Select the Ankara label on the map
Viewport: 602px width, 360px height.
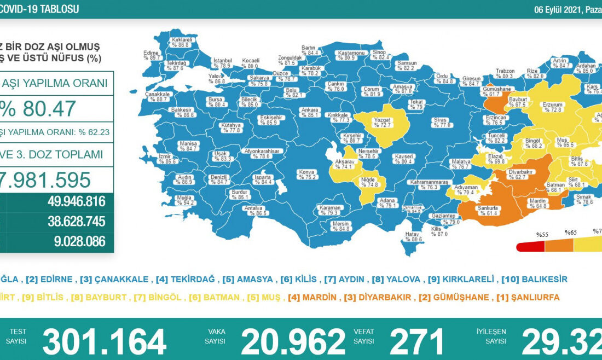coord(310,112)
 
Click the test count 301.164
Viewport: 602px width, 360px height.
coord(104,342)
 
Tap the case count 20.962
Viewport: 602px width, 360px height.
coord(293,342)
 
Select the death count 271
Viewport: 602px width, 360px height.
coord(417,342)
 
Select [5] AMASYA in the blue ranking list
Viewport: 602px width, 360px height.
coord(247,279)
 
